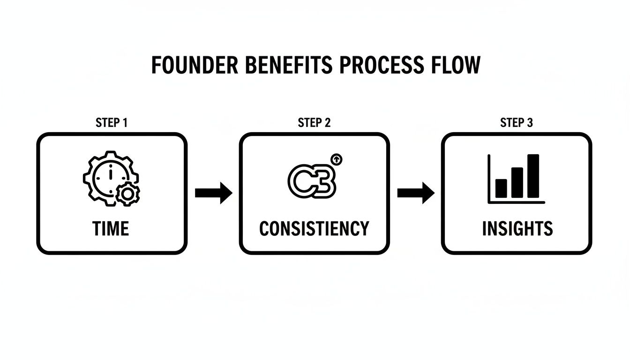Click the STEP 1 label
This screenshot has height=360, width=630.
tap(112, 123)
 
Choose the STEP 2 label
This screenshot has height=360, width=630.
tap(314, 123)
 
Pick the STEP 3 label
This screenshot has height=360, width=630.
tap(517, 123)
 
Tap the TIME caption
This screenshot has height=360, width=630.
tap(111, 229)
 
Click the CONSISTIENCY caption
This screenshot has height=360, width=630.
tap(314, 229)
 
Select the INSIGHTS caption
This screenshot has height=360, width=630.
tap(517, 229)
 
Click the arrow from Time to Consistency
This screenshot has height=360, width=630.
tap(213, 193)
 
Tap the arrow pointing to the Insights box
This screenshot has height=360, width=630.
tap(416, 193)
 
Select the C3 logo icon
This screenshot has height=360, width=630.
tap(311, 180)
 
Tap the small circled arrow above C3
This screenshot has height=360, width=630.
tap(336, 160)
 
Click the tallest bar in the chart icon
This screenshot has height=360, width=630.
tap(533, 176)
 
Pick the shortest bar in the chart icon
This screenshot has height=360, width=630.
tap(501, 188)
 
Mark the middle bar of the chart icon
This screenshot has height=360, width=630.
tap(517, 182)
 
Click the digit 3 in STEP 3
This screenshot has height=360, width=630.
tap(530, 123)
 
